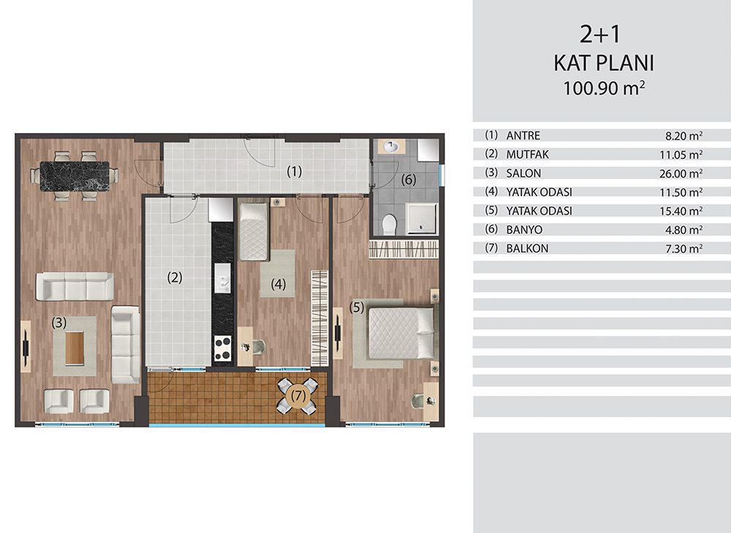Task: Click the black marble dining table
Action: click(x=75, y=175)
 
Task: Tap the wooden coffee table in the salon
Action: click(x=75, y=347)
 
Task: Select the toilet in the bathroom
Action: click(x=389, y=224)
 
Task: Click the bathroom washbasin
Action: click(x=390, y=147)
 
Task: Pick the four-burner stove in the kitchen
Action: click(x=223, y=348)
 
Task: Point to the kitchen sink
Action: click(x=222, y=279)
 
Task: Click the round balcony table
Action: click(x=298, y=396)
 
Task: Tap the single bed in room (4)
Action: click(x=254, y=232)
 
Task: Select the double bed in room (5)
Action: click(x=401, y=332)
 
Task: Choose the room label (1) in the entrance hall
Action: click(x=294, y=172)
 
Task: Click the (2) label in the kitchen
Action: click(x=175, y=277)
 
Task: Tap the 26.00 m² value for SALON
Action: click(x=681, y=173)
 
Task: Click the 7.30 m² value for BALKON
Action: click(x=684, y=248)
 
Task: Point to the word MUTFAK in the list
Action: click(x=527, y=154)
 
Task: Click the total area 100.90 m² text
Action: click(x=604, y=88)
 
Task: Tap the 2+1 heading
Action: click(x=600, y=34)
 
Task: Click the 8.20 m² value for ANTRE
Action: click(x=684, y=136)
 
